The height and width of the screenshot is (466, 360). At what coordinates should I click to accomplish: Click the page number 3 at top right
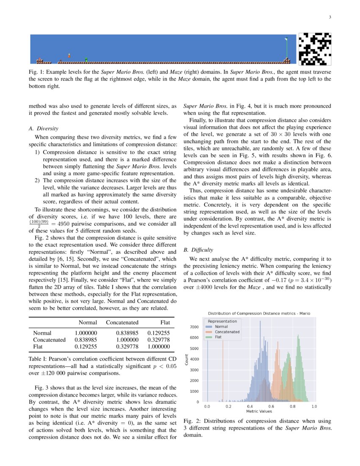point(330,17)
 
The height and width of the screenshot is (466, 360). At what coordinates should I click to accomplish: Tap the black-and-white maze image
point(315,50)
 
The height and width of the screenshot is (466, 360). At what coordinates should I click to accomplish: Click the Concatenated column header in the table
point(122,322)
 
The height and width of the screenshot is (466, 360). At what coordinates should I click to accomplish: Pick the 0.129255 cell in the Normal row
point(158,333)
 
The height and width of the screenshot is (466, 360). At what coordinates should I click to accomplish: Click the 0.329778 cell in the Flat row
point(122,347)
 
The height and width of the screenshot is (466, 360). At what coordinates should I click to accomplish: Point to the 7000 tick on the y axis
point(194,327)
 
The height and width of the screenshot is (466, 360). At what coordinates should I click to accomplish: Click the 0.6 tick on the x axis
point(271,406)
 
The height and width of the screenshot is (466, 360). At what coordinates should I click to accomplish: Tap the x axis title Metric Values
point(259,411)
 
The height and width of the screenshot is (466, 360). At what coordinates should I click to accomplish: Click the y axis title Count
point(187,360)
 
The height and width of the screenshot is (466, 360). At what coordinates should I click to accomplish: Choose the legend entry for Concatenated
point(227,332)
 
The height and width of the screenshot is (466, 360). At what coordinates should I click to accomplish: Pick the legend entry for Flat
point(218,337)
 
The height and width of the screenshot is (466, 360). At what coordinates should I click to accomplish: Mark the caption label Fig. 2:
point(191,421)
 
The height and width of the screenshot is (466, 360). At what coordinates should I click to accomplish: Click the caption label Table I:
point(36,360)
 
